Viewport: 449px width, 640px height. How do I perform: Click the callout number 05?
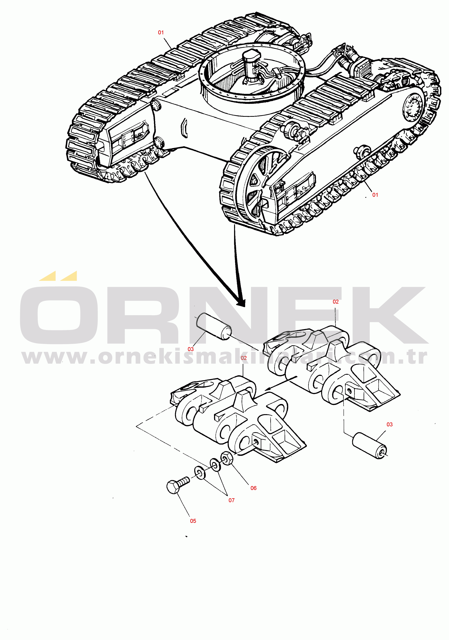click(193, 521)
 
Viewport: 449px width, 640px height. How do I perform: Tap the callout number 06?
click(253, 488)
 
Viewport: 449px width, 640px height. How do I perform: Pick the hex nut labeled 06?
click(227, 458)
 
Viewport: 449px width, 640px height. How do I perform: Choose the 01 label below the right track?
click(375, 195)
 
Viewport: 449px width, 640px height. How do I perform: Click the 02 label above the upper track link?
click(336, 302)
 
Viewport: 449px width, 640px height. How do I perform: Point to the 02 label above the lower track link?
click(244, 358)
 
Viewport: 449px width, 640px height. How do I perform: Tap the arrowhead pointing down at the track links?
click(240, 302)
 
